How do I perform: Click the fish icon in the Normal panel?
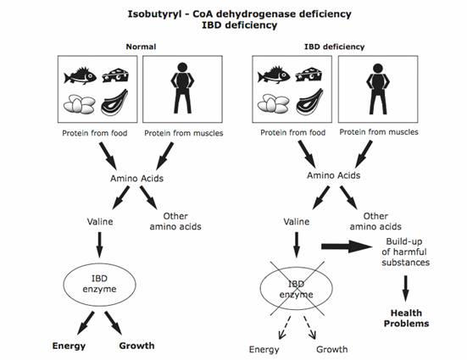[81, 75]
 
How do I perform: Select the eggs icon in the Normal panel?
[79, 104]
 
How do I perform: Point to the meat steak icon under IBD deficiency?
[309, 102]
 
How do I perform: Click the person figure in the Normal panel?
[182, 88]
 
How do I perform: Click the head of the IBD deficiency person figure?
[378, 69]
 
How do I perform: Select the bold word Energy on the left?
[69, 346]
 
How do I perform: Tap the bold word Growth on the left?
[136, 346]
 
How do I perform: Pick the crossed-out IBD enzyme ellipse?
[297, 309]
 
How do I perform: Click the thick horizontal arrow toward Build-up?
[347, 246]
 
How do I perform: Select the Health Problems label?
[406, 318]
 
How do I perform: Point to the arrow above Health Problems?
[405, 289]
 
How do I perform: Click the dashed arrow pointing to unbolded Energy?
[285, 327]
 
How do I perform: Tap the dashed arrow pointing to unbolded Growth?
[309, 327]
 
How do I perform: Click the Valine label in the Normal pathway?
[100, 222]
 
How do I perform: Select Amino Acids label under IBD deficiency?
[334, 175]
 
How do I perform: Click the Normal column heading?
[141, 47]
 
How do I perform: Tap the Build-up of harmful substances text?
[405, 252]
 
